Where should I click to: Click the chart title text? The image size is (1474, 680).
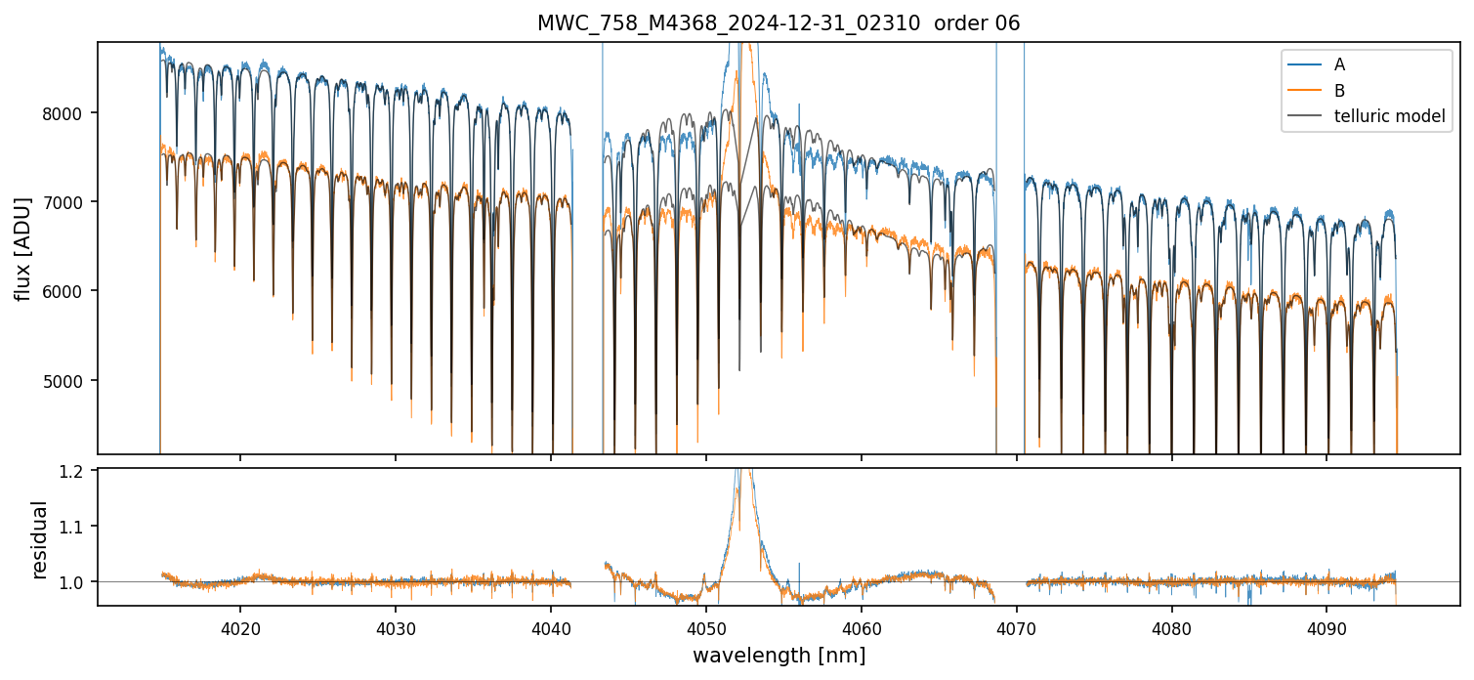pyautogui.click(x=779, y=23)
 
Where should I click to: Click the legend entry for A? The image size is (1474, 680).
pyautogui.click(x=1339, y=64)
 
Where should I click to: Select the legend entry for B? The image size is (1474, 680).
pyautogui.click(x=1339, y=91)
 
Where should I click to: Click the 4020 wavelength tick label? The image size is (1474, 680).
pyautogui.click(x=240, y=624)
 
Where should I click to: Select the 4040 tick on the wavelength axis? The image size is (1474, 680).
pyautogui.click(x=551, y=624)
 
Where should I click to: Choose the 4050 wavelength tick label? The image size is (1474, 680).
pyautogui.click(x=706, y=624)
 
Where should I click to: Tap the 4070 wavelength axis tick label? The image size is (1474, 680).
pyautogui.click(x=1017, y=624)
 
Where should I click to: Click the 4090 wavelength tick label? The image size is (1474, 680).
pyautogui.click(x=1327, y=624)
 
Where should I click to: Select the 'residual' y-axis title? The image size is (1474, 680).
pyautogui.click(x=40, y=538)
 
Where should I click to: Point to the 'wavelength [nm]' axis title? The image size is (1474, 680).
pyautogui.click(x=779, y=656)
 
